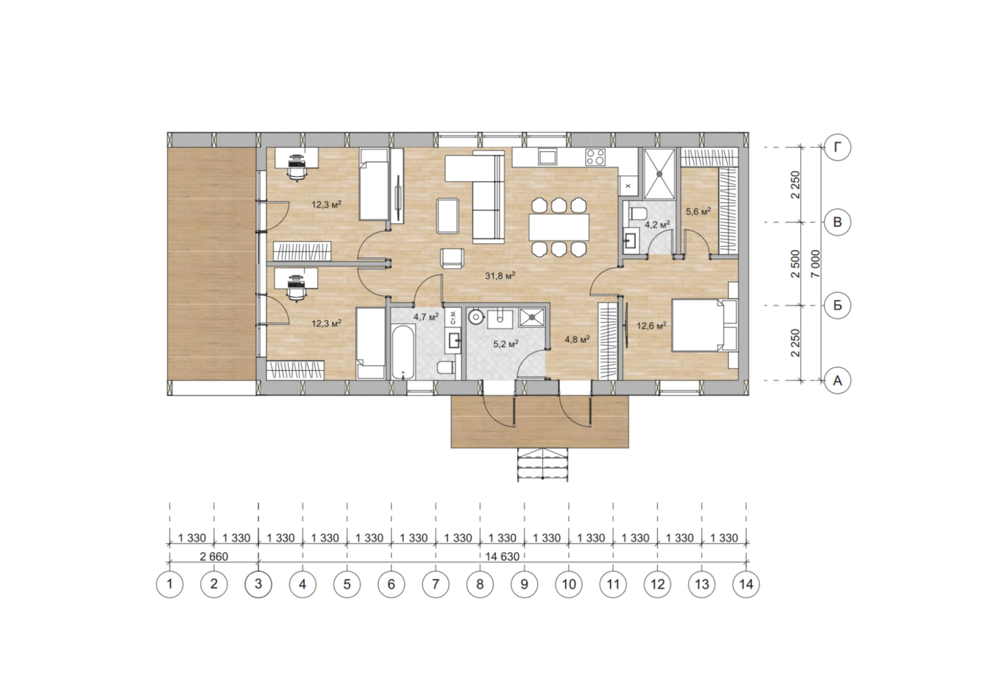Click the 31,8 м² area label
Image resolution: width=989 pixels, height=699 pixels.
click(x=500, y=277)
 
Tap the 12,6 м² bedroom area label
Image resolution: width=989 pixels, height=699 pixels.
click(x=651, y=326)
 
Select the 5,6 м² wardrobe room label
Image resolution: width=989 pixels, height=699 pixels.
click(x=698, y=211)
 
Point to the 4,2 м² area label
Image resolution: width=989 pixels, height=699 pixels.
click(x=658, y=225)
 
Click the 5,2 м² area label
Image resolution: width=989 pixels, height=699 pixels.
click(x=506, y=344)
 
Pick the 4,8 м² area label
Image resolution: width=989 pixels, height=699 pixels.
click(x=578, y=339)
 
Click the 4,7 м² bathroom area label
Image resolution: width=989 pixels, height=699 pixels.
click(x=426, y=317)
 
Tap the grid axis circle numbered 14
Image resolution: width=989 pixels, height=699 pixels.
click(x=746, y=584)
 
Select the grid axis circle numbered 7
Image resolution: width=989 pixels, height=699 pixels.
click(x=436, y=584)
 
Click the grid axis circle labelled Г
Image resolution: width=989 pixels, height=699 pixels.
click(x=837, y=147)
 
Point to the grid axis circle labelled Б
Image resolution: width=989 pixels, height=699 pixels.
click(x=837, y=305)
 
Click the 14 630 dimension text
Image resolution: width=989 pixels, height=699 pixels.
click(x=503, y=557)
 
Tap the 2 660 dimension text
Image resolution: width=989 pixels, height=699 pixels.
click(x=214, y=557)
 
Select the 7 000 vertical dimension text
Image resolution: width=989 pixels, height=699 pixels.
click(x=815, y=264)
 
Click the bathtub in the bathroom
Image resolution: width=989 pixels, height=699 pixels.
click(x=403, y=352)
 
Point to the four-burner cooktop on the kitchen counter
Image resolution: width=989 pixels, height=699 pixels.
click(x=595, y=157)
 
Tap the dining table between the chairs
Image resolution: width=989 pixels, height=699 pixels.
click(x=559, y=227)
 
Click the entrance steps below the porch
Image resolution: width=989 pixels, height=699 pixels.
click(x=543, y=465)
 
